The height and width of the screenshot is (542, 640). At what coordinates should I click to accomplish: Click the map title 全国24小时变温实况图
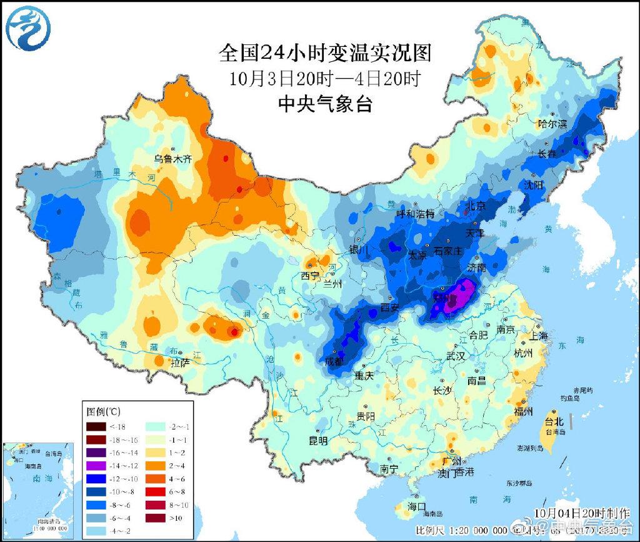pos(325,53)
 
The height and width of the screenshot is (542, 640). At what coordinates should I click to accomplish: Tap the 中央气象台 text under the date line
pos(325,104)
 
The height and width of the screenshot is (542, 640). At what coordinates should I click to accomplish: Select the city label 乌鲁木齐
pos(174,159)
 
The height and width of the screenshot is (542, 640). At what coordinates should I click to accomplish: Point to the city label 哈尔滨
pos(552,124)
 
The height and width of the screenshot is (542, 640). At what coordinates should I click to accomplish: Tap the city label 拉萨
pos(181,362)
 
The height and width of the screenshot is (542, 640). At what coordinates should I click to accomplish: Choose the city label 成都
pos(334,361)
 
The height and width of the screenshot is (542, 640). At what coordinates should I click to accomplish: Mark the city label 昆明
pos(318,440)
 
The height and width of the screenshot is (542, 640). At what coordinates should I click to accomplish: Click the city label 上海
pos(539,336)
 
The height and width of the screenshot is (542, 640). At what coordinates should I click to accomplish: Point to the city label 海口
pos(416,506)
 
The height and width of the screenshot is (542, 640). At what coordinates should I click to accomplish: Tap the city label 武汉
pos(456,356)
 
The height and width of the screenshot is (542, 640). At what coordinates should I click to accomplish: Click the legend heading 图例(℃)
pos(104,411)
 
